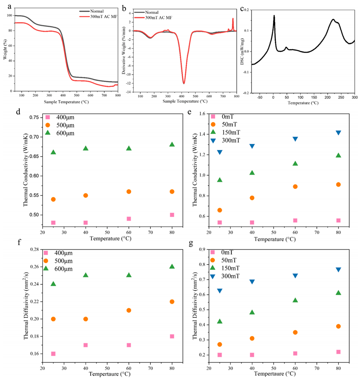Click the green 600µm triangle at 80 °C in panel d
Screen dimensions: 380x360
tap(172, 144)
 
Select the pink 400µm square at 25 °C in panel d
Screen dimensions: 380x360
tap(53, 223)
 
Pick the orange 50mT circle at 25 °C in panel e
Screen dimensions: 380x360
tap(219, 210)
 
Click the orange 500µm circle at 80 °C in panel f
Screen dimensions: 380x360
tap(172, 301)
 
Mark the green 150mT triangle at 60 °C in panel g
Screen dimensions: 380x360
tap(295, 300)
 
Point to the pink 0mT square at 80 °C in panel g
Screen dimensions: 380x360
tap(338, 352)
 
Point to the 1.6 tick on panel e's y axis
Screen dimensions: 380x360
tap(203, 114)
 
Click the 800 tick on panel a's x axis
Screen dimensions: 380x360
tap(118, 96)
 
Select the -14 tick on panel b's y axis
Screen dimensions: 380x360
tap(129, 92)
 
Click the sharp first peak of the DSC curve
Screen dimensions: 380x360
tap(274, 15)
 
